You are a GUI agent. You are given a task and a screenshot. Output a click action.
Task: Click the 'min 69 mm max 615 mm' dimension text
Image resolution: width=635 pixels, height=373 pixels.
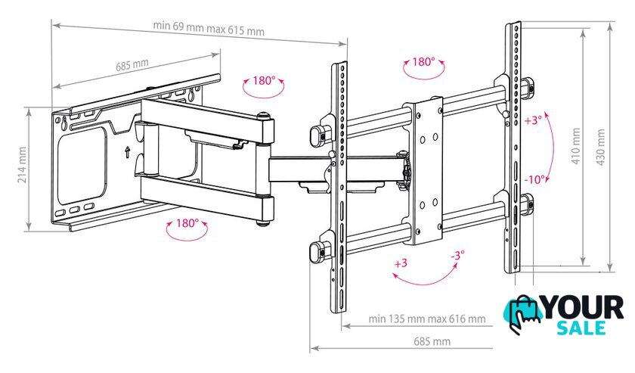pos(209,29)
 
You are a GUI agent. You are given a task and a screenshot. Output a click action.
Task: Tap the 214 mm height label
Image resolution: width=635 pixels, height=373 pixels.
pos(22,165)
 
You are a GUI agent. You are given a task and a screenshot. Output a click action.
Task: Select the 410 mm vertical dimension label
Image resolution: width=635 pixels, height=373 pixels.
pos(575,146)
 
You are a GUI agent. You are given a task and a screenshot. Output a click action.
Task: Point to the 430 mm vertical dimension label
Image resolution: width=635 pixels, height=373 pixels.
pos(600,148)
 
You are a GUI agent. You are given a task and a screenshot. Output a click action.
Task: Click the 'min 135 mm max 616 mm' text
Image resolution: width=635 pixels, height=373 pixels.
pos(427,319)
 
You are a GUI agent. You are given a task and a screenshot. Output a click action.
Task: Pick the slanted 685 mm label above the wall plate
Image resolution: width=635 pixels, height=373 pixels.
pos(132,65)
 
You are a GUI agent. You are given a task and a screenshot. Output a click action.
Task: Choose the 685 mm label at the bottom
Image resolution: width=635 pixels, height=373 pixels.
pos(432,341)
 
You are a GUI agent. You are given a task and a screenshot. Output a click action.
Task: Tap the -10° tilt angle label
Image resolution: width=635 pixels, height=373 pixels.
pos(534,179)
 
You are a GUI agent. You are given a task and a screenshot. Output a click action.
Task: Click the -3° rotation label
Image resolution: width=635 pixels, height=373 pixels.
pos(457,256)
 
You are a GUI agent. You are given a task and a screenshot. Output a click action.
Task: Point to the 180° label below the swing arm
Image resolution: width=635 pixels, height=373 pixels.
pos(187,223)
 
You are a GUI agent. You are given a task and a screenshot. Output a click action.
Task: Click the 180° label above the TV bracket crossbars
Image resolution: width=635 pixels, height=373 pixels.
pos(423,61)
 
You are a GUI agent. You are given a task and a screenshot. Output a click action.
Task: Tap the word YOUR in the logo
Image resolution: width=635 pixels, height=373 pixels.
pos(582,308)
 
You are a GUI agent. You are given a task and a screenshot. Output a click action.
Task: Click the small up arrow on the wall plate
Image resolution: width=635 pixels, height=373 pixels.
pos(128,152)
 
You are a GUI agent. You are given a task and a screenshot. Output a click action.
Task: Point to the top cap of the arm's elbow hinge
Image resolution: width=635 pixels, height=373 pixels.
pos(264,116)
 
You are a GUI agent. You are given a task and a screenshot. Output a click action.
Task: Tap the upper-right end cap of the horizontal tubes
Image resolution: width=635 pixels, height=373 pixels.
pos(528,87)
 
